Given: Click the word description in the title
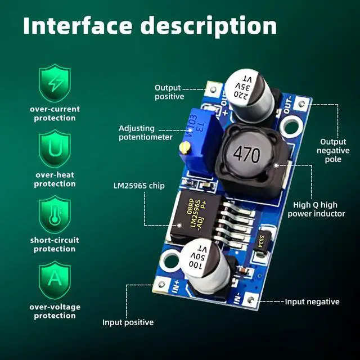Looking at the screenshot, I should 209,26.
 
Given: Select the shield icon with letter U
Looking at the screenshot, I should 55,150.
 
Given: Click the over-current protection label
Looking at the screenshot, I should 55,114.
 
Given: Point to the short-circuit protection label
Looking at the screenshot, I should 55,245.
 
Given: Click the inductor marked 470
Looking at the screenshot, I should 245,153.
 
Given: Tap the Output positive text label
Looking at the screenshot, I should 169,92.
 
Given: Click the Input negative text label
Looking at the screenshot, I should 312,302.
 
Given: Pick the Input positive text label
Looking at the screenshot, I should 128,322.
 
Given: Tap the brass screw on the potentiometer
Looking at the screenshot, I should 183,147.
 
